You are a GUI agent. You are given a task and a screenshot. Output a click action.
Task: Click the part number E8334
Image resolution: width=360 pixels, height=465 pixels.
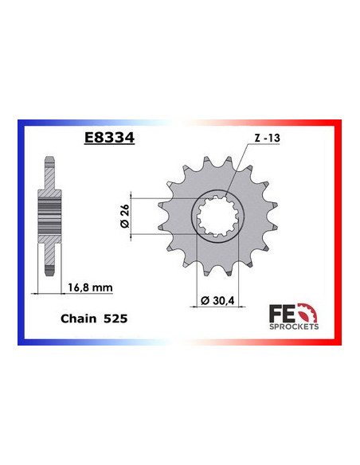[x=108, y=137]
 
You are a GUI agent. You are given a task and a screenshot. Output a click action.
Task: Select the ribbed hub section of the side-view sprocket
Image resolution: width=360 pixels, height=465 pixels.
[x=51, y=215]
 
